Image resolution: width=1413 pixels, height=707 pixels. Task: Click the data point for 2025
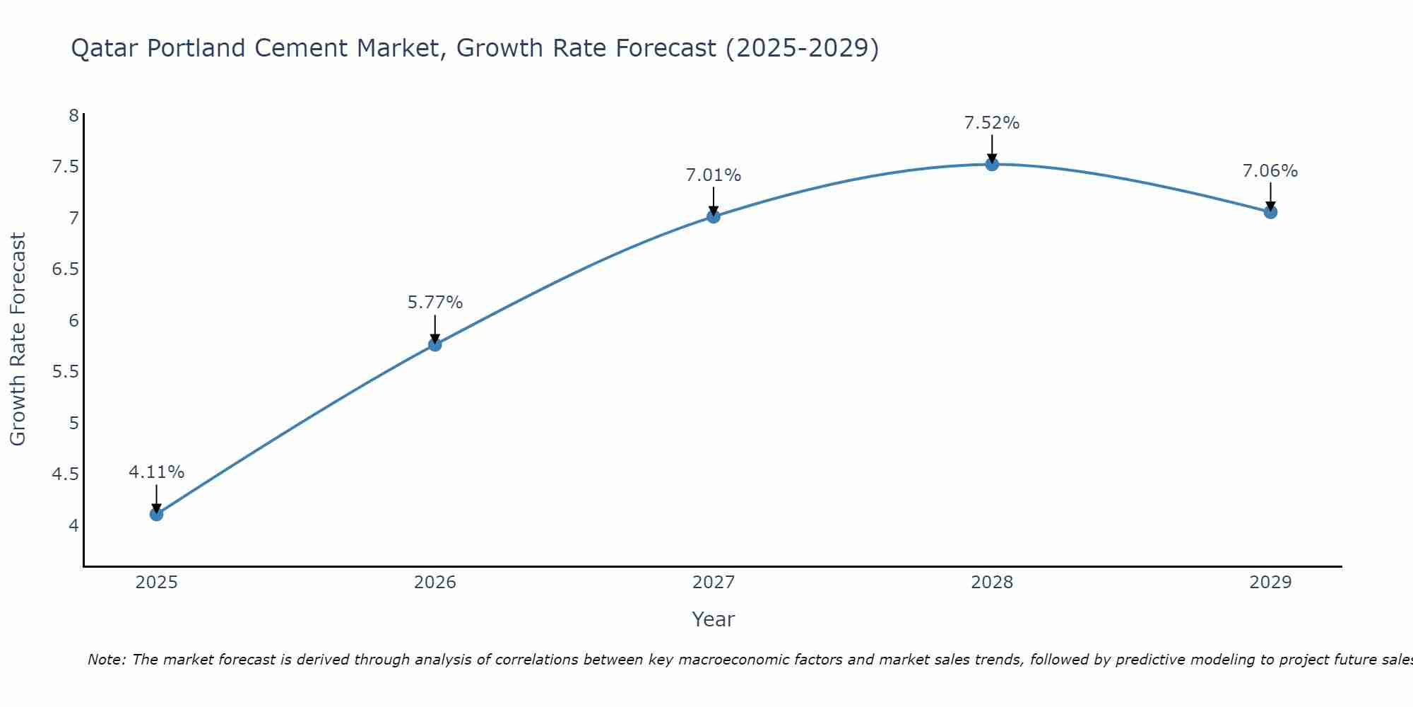tap(157, 514)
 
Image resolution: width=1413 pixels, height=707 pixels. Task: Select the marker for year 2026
tap(435, 344)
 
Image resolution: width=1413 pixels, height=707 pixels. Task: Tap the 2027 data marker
tap(714, 216)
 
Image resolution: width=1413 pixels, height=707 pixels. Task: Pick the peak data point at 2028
tap(992, 164)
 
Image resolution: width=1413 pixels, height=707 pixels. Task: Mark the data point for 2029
tap(1270, 211)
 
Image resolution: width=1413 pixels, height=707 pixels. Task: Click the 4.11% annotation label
tap(157, 472)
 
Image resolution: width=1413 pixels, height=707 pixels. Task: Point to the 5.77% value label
tap(435, 302)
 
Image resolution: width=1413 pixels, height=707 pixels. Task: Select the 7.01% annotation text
tap(714, 175)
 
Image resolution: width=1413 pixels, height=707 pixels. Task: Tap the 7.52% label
tap(992, 122)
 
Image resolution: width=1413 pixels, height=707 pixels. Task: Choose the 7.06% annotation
tap(1270, 170)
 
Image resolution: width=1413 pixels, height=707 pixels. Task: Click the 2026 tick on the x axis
tap(435, 582)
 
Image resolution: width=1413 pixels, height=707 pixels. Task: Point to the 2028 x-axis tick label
tap(992, 582)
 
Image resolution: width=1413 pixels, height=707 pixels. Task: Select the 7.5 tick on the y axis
tap(64, 167)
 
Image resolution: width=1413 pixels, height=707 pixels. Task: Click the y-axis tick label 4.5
tap(64, 474)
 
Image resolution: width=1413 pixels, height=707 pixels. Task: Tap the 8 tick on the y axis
tap(73, 115)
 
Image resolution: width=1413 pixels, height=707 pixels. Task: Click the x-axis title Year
tap(714, 619)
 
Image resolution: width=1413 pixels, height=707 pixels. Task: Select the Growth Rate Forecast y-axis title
tap(18, 339)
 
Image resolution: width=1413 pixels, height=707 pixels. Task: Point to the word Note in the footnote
tap(106, 660)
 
